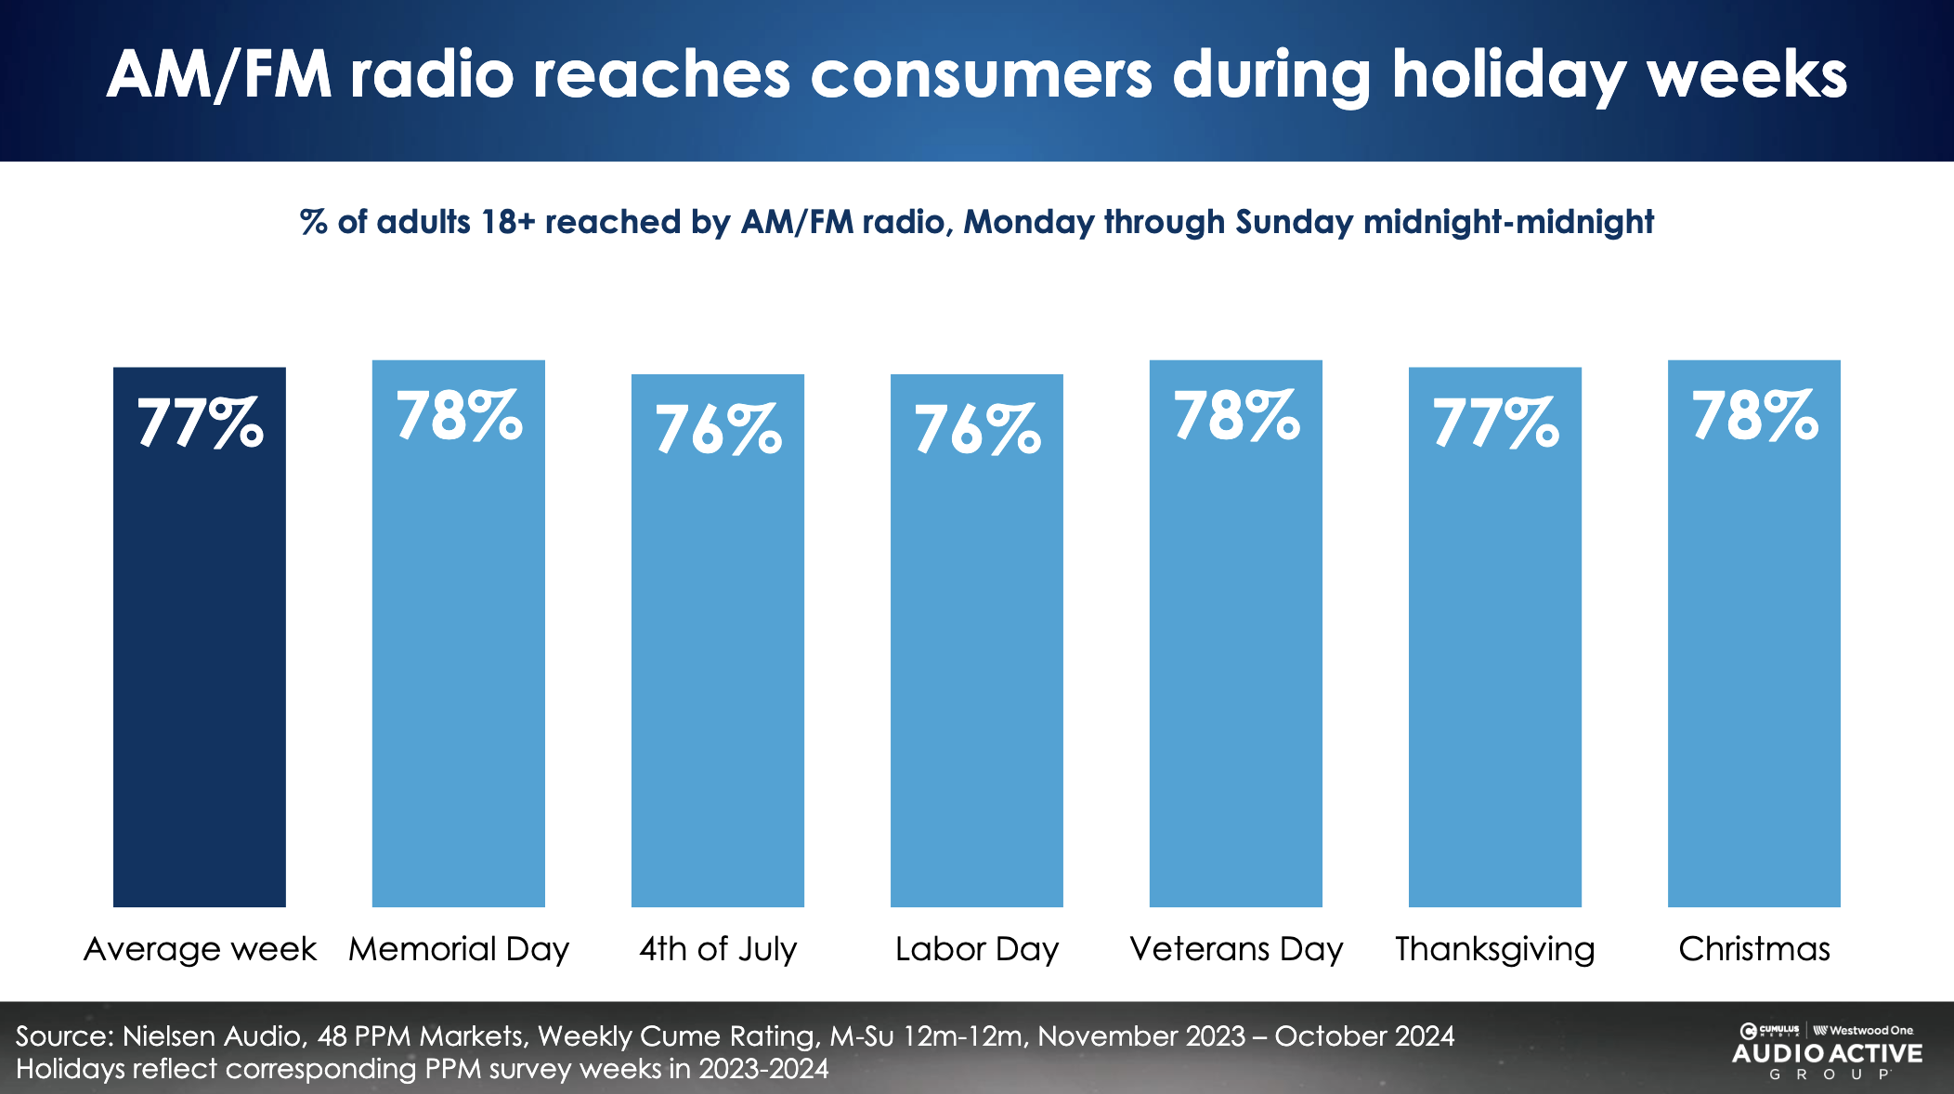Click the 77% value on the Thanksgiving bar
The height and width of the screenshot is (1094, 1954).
(1494, 423)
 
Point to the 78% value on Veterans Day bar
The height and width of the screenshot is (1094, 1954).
(1235, 415)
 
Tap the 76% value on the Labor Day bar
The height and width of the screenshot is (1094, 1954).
(976, 429)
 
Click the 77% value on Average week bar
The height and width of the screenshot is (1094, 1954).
(200, 423)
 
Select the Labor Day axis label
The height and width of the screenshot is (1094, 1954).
(976, 949)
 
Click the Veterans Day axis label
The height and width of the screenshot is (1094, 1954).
(1236, 949)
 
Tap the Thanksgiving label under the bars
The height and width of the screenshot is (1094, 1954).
(1494, 949)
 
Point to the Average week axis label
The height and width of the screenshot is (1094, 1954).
(200, 949)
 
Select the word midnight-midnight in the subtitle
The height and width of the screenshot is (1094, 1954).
(1508, 222)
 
